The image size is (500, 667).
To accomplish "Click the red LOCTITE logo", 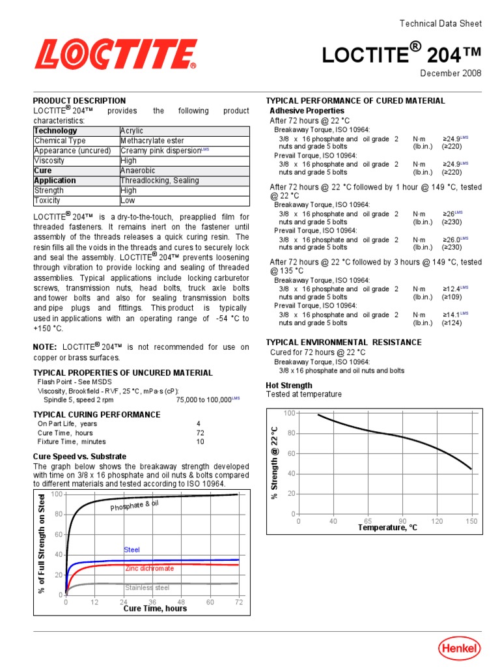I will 116,54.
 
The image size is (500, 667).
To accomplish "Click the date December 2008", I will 451,73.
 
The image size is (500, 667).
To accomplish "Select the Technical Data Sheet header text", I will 440,23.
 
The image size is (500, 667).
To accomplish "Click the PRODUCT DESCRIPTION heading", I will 79,101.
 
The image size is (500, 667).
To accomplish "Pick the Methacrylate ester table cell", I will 152,141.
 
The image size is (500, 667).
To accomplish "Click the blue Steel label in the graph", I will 132,550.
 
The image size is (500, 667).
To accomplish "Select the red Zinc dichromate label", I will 150,569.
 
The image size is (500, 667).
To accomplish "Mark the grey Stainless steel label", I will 147,588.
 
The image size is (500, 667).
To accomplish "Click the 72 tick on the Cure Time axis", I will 238,603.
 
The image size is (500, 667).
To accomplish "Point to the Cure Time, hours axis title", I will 155,609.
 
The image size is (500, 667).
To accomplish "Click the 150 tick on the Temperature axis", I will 471,521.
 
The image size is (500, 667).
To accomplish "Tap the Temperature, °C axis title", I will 387,528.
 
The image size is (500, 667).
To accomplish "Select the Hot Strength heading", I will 289,386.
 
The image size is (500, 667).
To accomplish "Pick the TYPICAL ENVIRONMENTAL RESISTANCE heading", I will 344,343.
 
